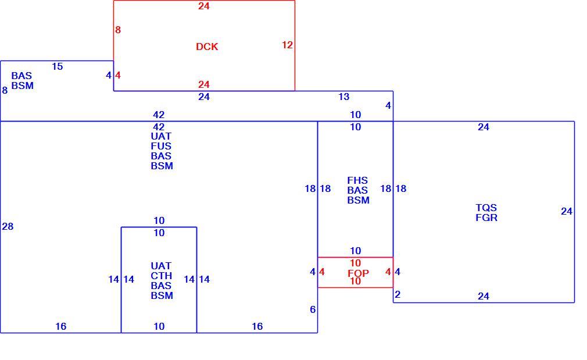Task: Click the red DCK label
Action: click(207, 47)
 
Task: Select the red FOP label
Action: click(358, 273)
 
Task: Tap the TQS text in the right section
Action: click(486, 208)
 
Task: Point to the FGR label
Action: click(486, 218)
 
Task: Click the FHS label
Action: click(357, 180)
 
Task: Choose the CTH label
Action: click(162, 276)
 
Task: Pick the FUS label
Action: click(161, 146)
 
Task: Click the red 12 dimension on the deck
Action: click(287, 45)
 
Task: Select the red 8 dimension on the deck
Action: click(118, 30)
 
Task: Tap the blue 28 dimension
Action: click(8, 226)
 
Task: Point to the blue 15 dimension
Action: click(58, 67)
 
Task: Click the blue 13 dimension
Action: click(343, 97)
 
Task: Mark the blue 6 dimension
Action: click(313, 309)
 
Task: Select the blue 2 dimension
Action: click(398, 294)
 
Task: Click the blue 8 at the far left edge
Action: click(5, 90)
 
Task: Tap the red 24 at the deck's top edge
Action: click(203, 6)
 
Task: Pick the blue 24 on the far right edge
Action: click(567, 211)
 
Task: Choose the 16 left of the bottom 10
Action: click(60, 326)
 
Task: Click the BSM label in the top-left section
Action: click(23, 86)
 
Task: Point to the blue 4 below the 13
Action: click(388, 106)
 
